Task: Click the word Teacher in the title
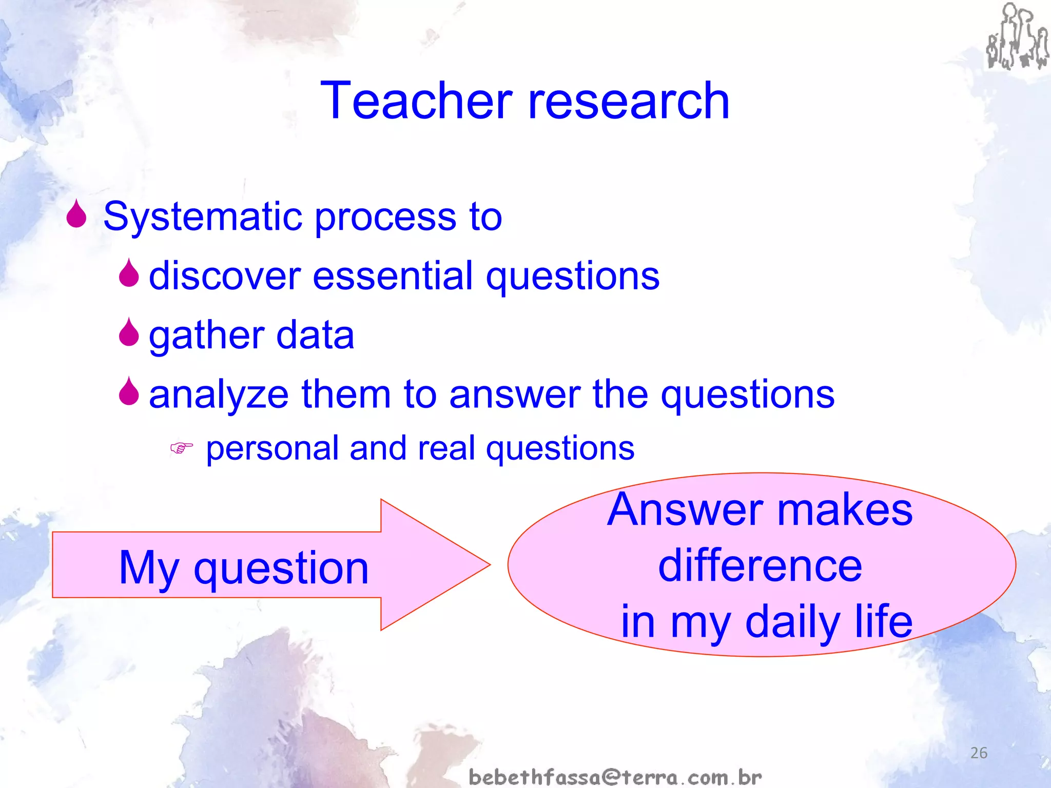(x=416, y=101)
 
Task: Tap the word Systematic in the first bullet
(x=204, y=217)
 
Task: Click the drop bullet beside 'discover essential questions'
(x=128, y=273)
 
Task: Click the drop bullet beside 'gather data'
(x=128, y=332)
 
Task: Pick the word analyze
(x=219, y=395)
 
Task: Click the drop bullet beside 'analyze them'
(x=128, y=391)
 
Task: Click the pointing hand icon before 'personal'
(x=181, y=448)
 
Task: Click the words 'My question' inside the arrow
(x=244, y=568)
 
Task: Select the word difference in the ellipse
(x=760, y=565)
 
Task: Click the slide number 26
(x=979, y=753)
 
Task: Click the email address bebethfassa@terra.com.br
(x=615, y=777)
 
